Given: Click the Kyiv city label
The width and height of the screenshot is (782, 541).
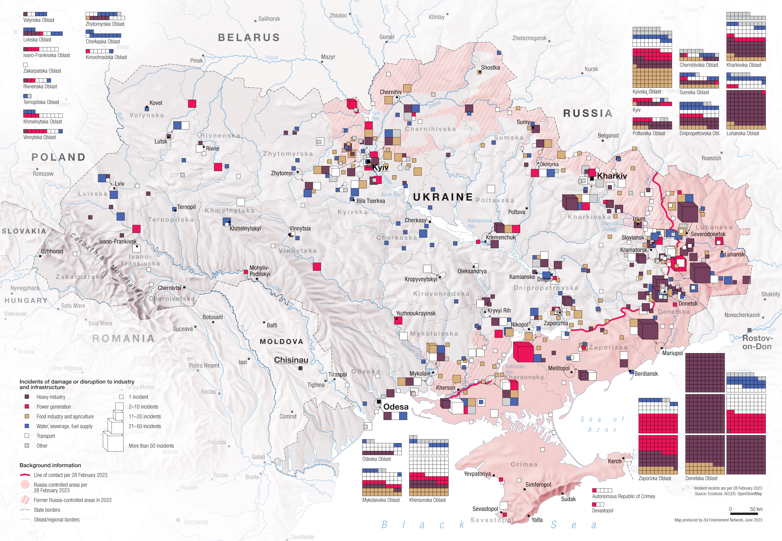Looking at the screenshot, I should pos(380,167).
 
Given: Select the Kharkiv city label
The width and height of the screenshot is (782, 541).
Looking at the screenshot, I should pos(612,176).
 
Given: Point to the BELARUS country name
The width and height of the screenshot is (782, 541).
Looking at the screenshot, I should pos(249,37).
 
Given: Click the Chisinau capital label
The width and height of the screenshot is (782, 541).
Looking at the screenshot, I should pos(291,360).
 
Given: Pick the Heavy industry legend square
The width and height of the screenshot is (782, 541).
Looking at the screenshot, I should pos(27,397).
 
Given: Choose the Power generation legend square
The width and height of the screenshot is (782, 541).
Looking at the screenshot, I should pos(27,406).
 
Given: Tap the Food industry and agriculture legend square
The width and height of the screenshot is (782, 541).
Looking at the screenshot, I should pos(27,416).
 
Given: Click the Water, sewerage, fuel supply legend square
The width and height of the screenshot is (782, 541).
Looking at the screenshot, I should pos(27,426).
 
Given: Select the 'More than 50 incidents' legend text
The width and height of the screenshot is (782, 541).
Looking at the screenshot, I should pos(151,446).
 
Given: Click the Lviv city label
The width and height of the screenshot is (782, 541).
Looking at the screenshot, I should pos(119,184).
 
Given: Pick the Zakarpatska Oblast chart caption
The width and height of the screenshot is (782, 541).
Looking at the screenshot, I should pos(42,71).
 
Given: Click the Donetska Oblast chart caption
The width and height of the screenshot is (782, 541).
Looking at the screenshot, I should pos(701,478).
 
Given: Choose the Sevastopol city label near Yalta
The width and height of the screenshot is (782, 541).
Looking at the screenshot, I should pos(485,509).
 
